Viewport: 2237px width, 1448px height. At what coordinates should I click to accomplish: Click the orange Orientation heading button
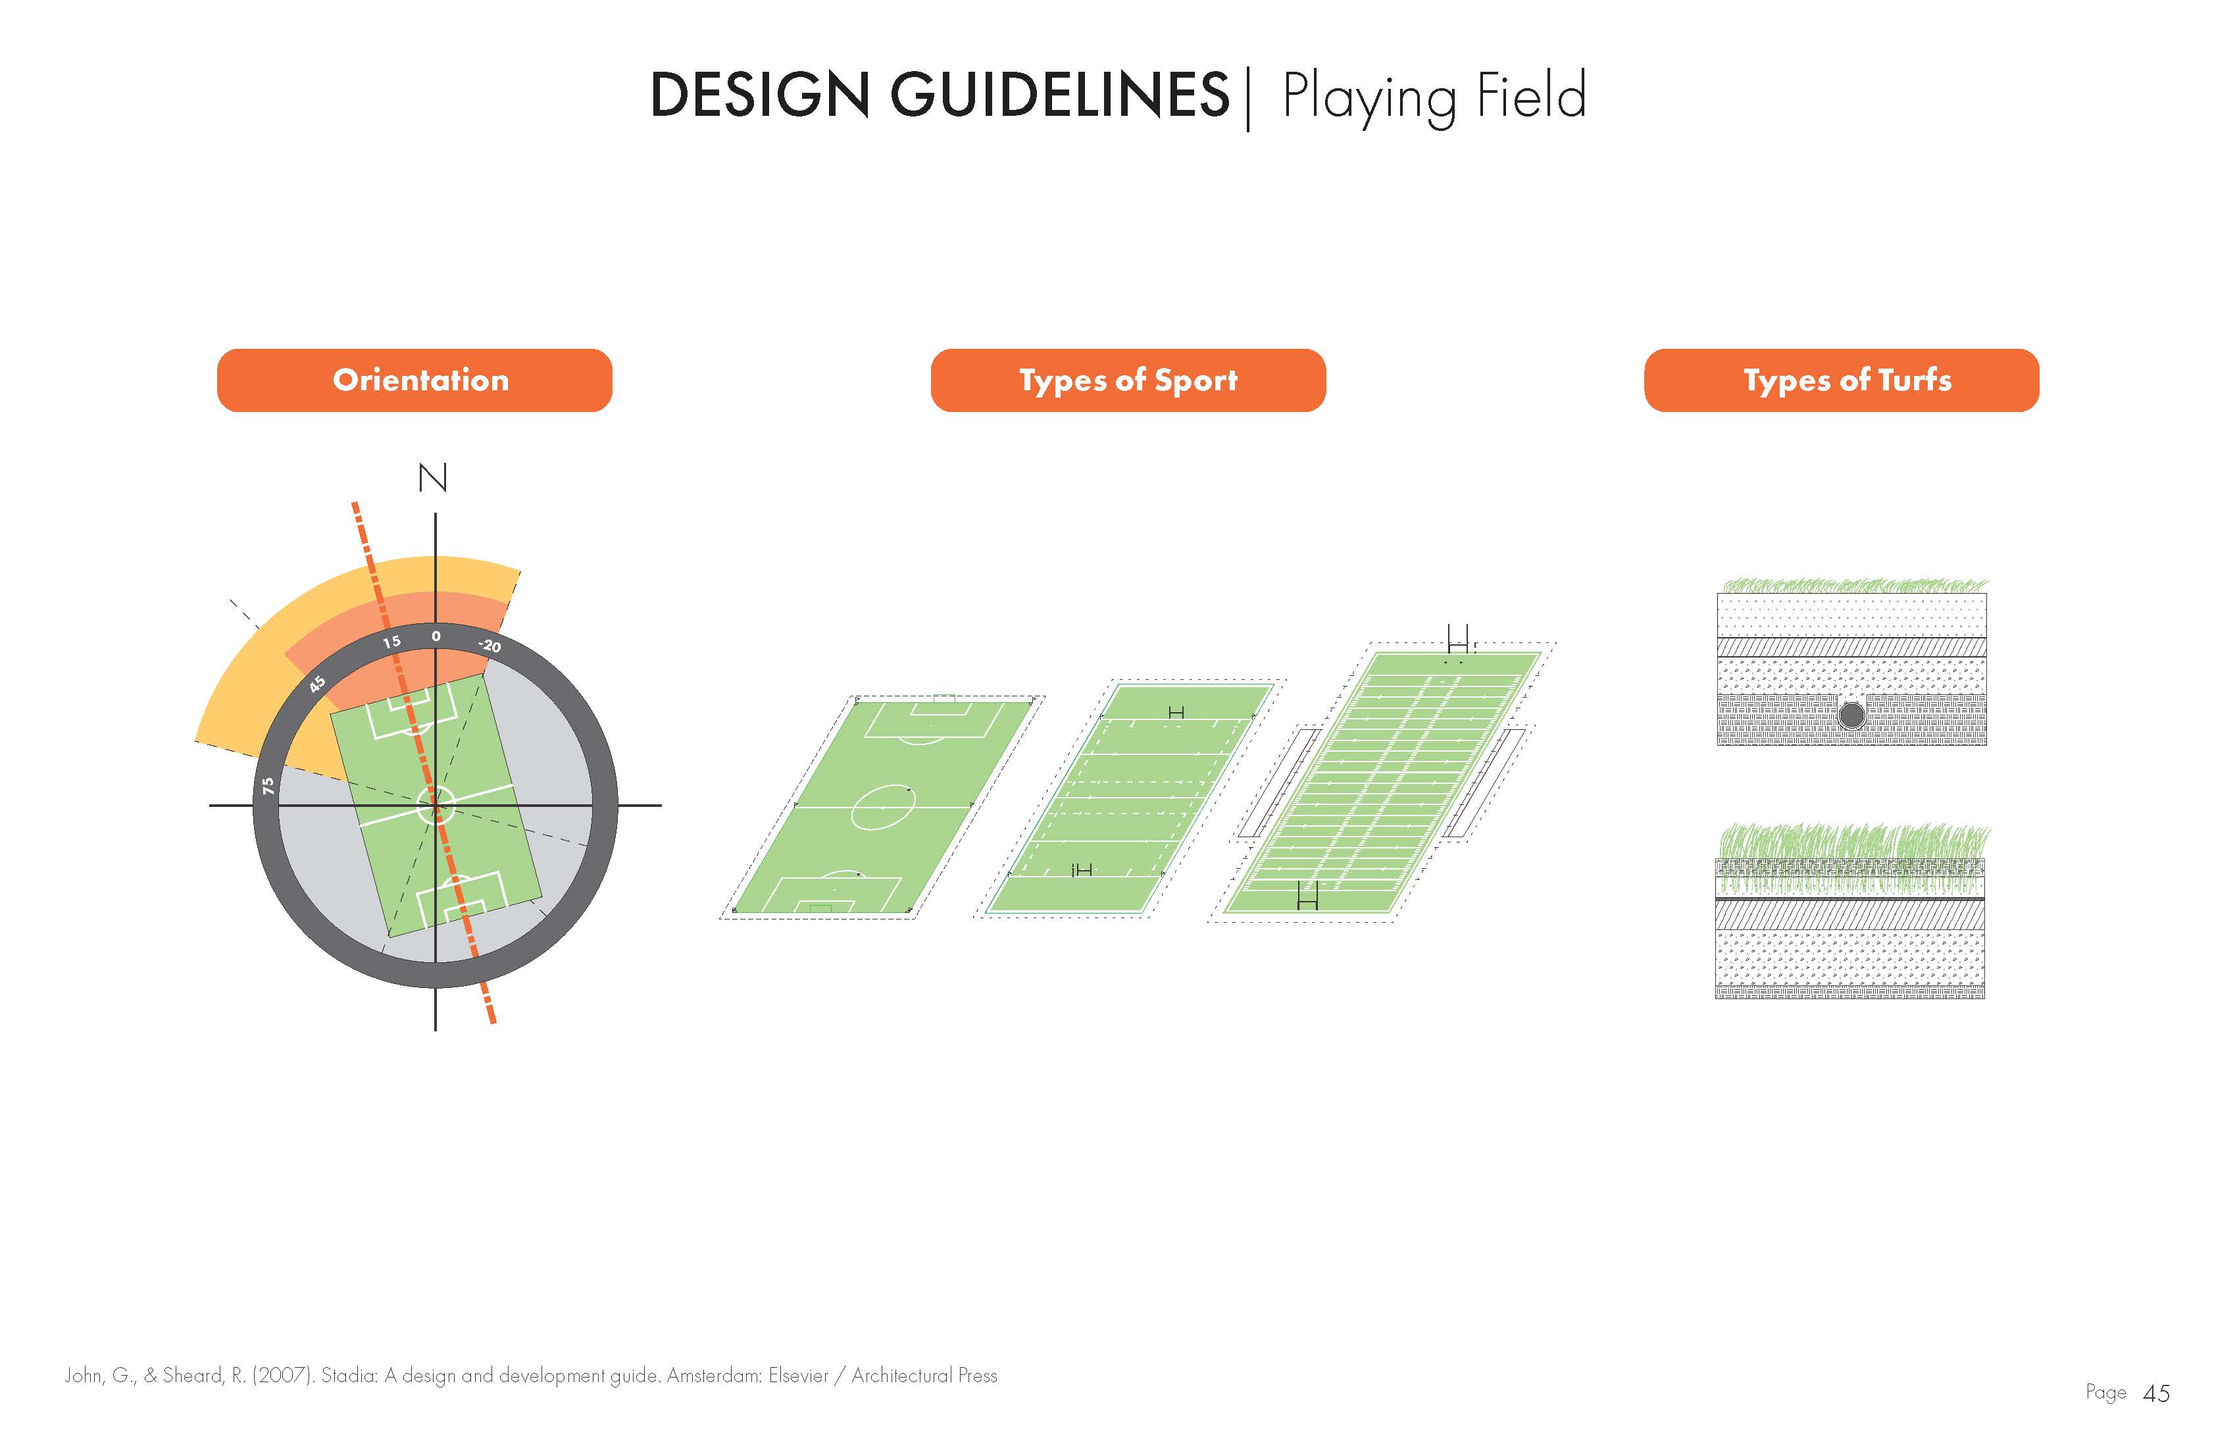[x=415, y=380]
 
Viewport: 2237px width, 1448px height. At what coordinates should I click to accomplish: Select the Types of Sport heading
[x=1128, y=380]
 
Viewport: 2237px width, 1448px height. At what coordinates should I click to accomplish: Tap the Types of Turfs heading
[x=1842, y=380]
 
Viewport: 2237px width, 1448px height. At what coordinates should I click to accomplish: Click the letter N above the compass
[x=432, y=478]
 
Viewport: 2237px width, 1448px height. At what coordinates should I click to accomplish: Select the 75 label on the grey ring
[x=268, y=785]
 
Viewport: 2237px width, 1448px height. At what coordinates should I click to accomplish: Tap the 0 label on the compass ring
[x=436, y=636]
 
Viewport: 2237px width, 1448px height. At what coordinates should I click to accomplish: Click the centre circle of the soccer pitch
[x=882, y=808]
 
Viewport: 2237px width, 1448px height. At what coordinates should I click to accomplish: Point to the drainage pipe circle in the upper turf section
[x=1851, y=715]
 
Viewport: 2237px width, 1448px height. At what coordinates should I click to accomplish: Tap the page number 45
[x=2156, y=1393]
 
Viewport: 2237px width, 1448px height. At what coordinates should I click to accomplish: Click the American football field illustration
[x=1382, y=781]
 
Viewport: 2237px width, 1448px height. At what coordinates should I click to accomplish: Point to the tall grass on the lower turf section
[x=1851, y=858]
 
